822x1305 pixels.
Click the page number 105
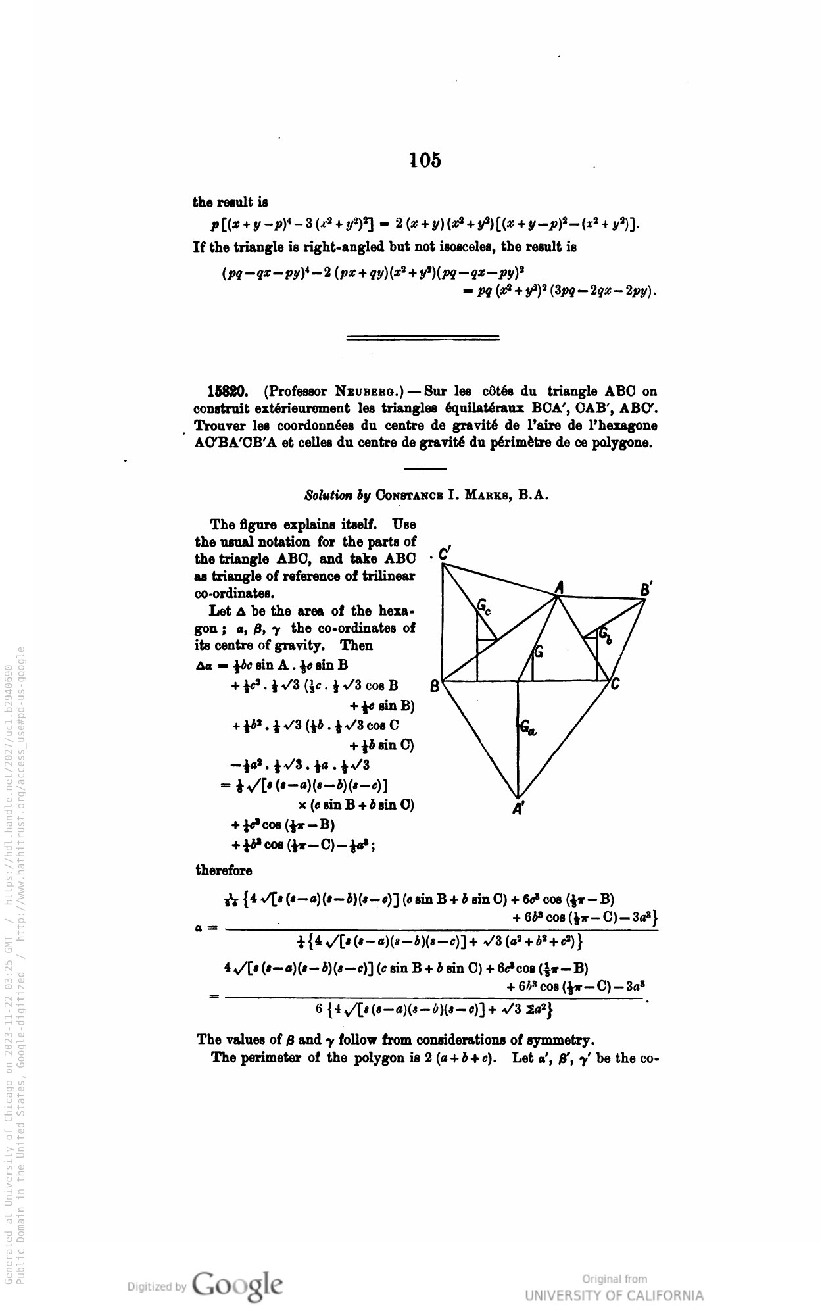click(x=424, y=160)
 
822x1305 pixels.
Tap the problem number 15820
click(x=228, y=393)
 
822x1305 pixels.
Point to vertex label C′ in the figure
click(x=444, y=554)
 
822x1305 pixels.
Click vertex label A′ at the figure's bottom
click(x=518, y=810)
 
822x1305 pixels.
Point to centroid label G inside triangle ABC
click(x=539, y=652)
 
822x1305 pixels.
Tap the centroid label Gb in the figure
click(x=605, y=635)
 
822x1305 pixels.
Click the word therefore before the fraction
click(x=224, y=870)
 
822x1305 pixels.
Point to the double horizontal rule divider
click(x=423, y=338)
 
